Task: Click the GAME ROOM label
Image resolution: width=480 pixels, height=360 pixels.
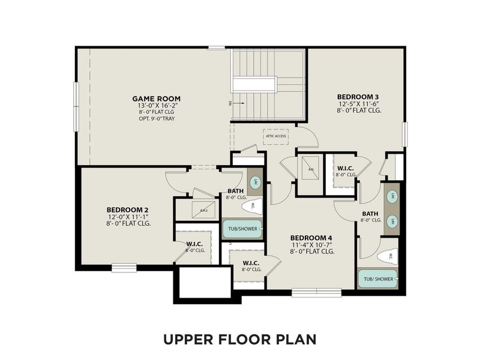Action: [x=156, y=98]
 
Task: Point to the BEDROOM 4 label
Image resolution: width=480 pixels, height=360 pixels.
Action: [x=311, y=238]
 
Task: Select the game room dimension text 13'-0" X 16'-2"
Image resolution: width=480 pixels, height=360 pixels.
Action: [x=156, y=105]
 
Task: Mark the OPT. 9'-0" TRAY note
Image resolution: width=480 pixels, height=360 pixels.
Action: [x=156, y=118]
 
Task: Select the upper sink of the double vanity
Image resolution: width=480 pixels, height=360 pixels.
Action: [x=392, y=196]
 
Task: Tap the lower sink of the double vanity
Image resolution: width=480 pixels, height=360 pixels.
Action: [x=392, y=221]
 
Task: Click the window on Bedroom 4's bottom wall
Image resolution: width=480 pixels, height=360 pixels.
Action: [x=316, y=293]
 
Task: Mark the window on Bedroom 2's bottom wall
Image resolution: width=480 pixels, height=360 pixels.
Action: [x=124, y=268]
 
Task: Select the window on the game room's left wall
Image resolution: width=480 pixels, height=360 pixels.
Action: [x=76, y=106]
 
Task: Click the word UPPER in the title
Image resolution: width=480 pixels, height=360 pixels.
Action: [x=188, y=340]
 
